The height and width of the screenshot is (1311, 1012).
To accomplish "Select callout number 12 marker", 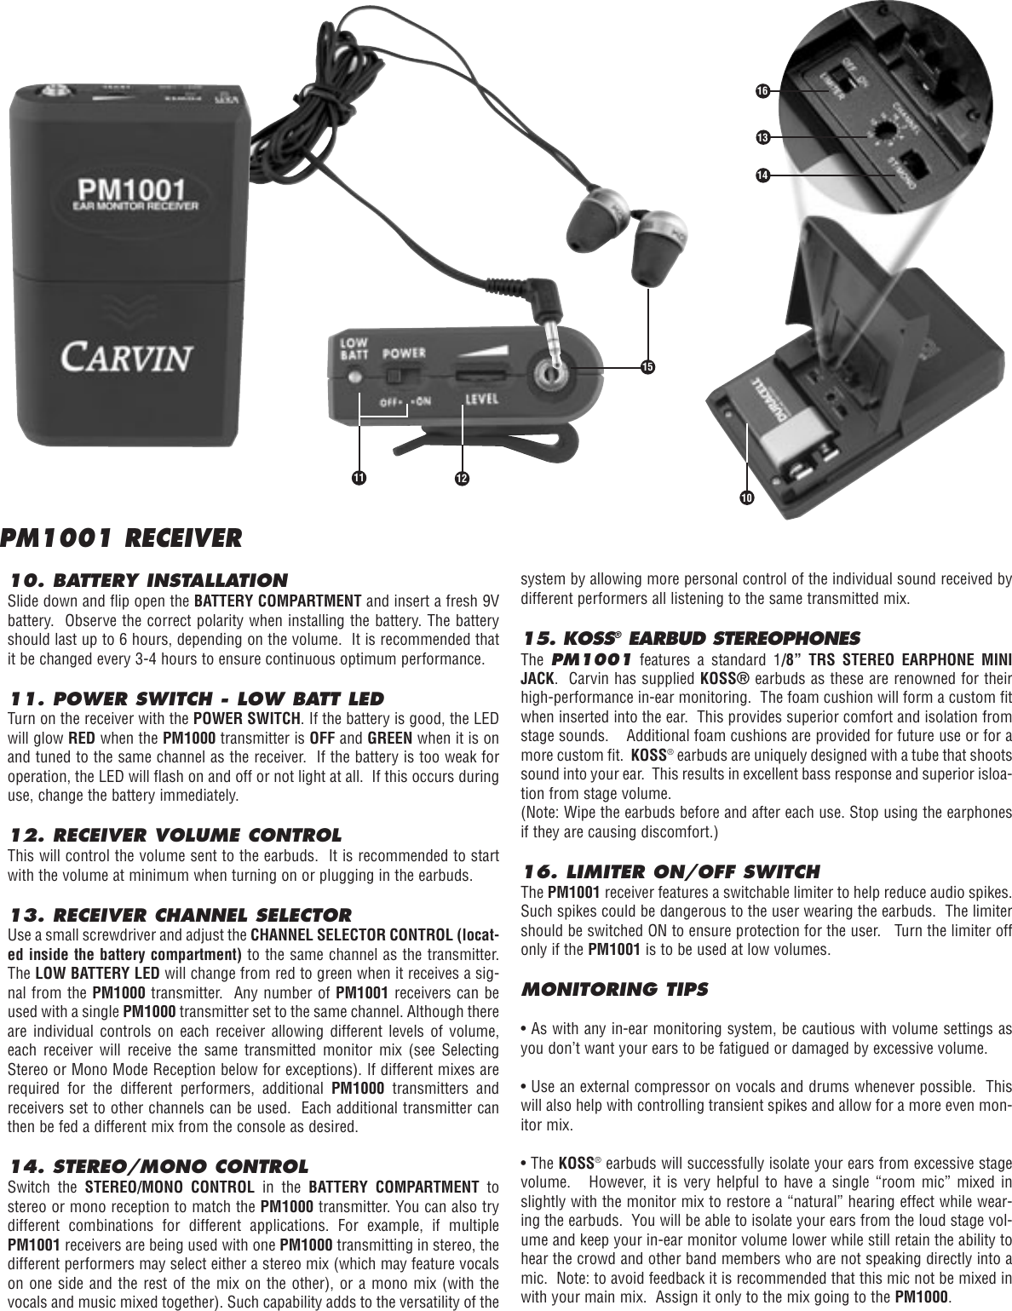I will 462,478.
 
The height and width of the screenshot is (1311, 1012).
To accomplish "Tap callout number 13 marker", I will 761,136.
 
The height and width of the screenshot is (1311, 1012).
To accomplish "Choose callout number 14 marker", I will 761,175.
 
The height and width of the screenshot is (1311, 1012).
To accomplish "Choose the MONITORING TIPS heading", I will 613,989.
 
